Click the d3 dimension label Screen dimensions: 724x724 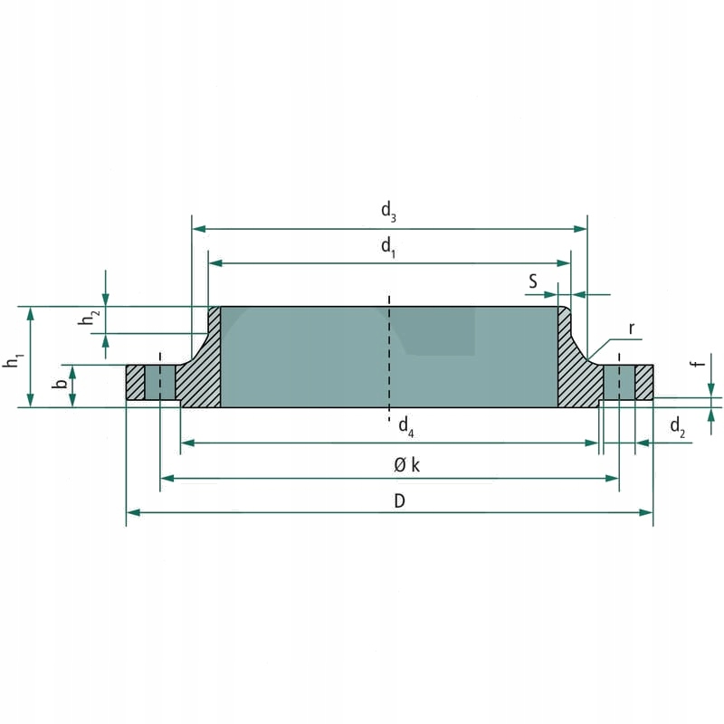click(x=388, y=213)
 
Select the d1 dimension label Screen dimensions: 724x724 click(x=388, y=246)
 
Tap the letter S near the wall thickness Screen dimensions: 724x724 click(x=534, y=282)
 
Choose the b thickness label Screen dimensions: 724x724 click(x=60, y=386)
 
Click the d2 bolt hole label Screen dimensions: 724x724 click(x=677, y=426)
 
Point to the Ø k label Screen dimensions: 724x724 click(x=406, y=465)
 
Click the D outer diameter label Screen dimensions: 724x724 click(x=399, y=500)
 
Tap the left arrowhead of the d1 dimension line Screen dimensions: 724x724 click(x=214, y=262)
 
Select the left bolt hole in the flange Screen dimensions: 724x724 click(x=160, y=382)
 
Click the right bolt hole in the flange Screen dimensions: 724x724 click(x=619, y=382)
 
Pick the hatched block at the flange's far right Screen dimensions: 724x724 click(x=643, y=382)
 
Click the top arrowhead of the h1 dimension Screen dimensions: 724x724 click(x=32, y=312)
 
